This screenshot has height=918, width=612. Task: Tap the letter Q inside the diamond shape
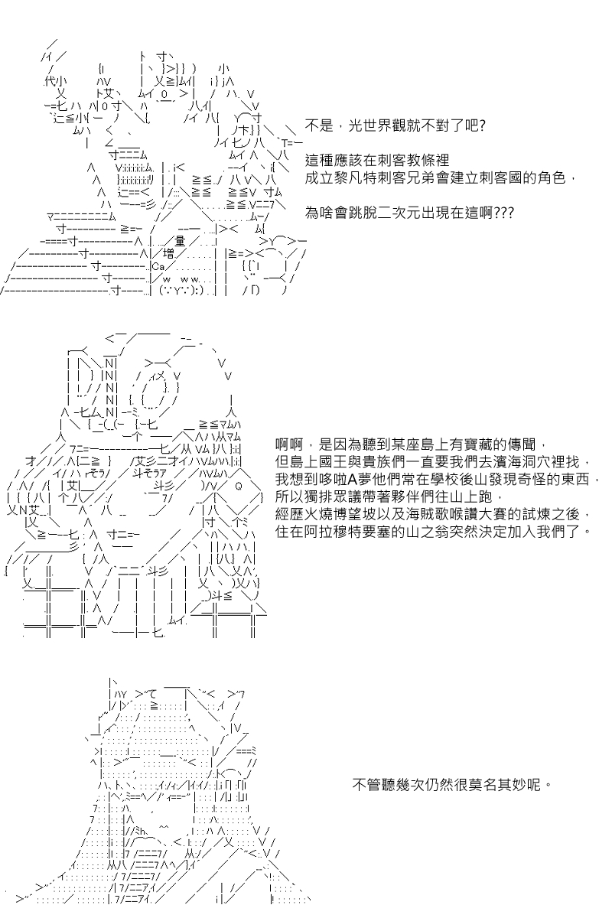pos(239,486)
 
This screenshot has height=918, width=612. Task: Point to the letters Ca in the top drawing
pos(158,267)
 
